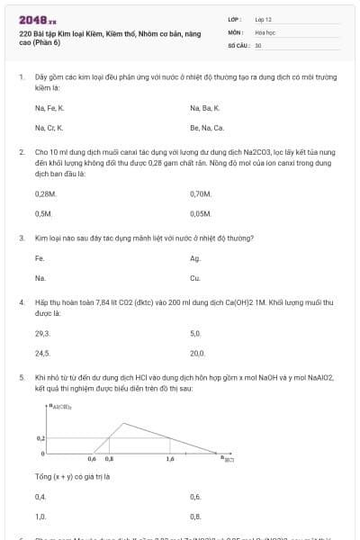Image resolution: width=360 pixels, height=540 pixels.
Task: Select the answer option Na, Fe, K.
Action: click(49, 108)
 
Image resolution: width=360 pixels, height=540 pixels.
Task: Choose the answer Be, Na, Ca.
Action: click(207, 128)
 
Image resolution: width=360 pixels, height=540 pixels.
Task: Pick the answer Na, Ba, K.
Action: click(205, 108)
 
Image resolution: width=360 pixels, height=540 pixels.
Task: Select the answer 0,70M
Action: click(201, 193)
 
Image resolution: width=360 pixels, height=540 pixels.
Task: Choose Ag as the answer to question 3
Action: click(195, 258)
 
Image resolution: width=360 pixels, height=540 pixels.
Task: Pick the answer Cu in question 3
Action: click(195, 278)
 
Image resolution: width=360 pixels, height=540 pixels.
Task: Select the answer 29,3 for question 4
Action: click(42, 333)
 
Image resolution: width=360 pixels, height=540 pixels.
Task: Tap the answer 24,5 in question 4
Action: click(42, 353)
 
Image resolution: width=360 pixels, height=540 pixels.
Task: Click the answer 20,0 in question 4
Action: click(198, 353)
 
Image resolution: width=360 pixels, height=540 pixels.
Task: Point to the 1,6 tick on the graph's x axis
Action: click(170, 459)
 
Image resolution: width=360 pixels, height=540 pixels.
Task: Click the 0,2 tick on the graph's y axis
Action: click(40, 437)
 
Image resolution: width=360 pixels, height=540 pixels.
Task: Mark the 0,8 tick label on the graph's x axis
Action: click(110, 459)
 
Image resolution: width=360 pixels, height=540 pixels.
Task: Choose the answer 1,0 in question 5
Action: click(40, 517)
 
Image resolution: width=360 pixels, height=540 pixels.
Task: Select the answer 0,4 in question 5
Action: click(40, 497)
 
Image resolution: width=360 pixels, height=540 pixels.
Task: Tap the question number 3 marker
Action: click(21, 238)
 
